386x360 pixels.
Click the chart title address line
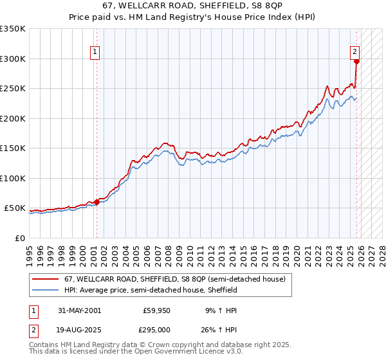[192, 5]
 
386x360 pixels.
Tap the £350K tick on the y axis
[13, 29]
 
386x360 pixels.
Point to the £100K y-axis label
[13, 178]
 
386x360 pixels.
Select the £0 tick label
[20, 238]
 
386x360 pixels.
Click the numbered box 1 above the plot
[95, 52]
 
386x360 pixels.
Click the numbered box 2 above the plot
[354, 52]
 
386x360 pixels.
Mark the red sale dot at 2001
[97, 202]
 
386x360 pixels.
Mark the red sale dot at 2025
[357, 62]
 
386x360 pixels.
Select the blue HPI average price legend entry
[155, 290]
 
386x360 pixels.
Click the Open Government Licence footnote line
[136, 352]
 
